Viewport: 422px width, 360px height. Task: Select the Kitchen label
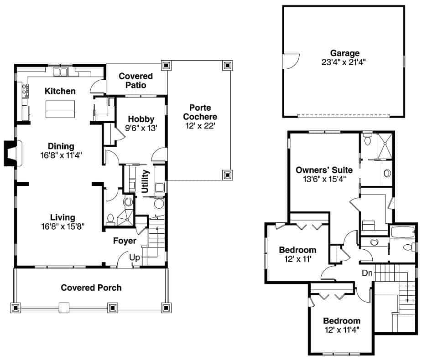tap(60, 91)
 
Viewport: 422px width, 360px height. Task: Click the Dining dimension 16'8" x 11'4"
tap(61, 155)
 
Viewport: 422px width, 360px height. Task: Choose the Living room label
tap(63, 217)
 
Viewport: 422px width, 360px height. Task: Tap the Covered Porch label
tap(91, 288)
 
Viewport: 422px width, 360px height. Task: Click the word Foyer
tap(125, 241)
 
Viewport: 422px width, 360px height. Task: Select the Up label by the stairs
tap(135, 257)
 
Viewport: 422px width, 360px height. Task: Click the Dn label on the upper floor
tap(368, 273)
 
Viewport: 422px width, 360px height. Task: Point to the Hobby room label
tap(141, 119)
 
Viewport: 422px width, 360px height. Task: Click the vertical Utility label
tap(145, 181)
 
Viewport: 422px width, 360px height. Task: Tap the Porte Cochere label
tap(199, 112)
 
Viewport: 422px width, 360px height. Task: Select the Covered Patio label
tap(136, 80)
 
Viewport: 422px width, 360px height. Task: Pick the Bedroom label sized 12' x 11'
tap(297, 250)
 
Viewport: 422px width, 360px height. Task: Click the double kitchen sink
tap(61, 72)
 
